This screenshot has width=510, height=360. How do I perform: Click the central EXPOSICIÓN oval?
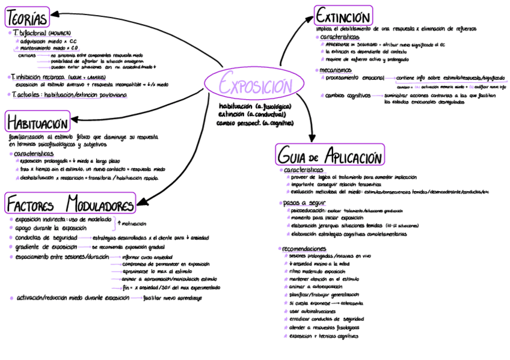click(254, 85)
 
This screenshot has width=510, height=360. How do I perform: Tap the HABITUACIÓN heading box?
click(37, 123)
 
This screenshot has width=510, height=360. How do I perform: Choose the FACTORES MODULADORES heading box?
click(70, 203)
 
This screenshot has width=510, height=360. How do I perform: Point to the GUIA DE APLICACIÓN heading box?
click(330, 156)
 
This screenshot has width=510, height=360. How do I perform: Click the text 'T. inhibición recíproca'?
click(37, 78)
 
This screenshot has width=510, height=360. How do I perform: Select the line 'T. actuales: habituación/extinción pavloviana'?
click(69, 95)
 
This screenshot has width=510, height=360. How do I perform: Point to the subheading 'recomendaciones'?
click(304, 248)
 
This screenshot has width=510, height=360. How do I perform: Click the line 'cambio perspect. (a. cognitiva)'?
click(255, 123)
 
